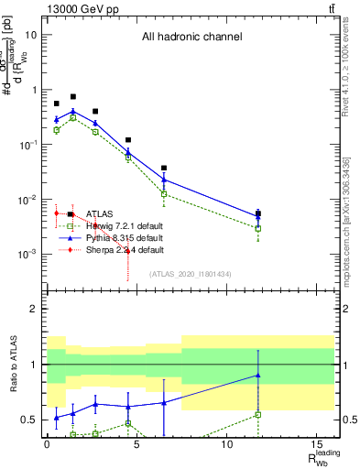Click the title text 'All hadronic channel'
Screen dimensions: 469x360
(191, 38)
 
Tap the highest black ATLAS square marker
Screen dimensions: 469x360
(73, 96)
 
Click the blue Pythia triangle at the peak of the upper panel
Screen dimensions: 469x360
(73, 112)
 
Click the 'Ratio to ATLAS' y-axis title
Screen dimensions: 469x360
(12, 366)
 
